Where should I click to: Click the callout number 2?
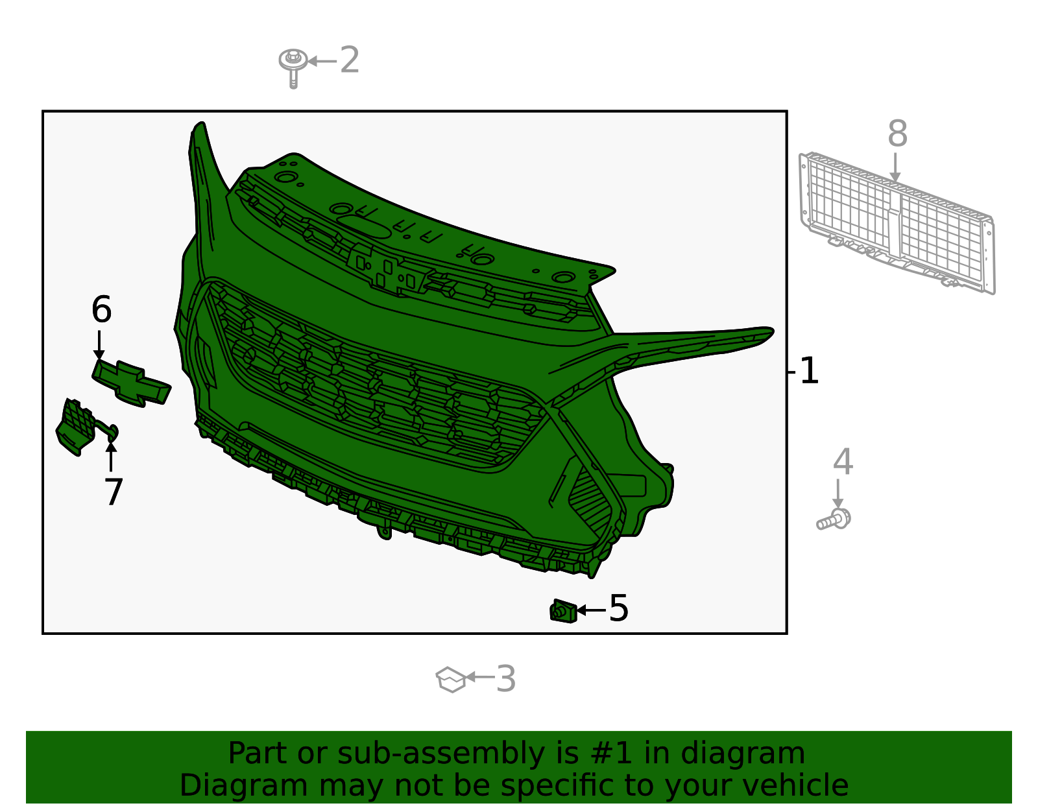(x=349, y=60)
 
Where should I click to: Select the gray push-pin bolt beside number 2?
(x=293, y=67)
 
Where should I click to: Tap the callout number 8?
(x=897, y=134)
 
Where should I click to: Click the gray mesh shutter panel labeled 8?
(x=897, y=223)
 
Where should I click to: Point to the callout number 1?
(x=809, y=371)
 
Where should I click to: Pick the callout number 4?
(x=843, y=462)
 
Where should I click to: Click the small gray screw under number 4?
(x=834, y=519)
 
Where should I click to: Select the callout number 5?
(x=619, y=608)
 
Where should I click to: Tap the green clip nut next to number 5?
(x=563, y=611)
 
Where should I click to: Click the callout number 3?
(x=506, y=679)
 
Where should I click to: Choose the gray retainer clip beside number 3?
(x=450, y=679)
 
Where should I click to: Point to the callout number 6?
(x=101, y=309)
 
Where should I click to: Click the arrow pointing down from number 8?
(x=895, y=167)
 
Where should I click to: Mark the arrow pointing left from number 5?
(x=592, y=610)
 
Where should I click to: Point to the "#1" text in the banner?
(x=611, y=753)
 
